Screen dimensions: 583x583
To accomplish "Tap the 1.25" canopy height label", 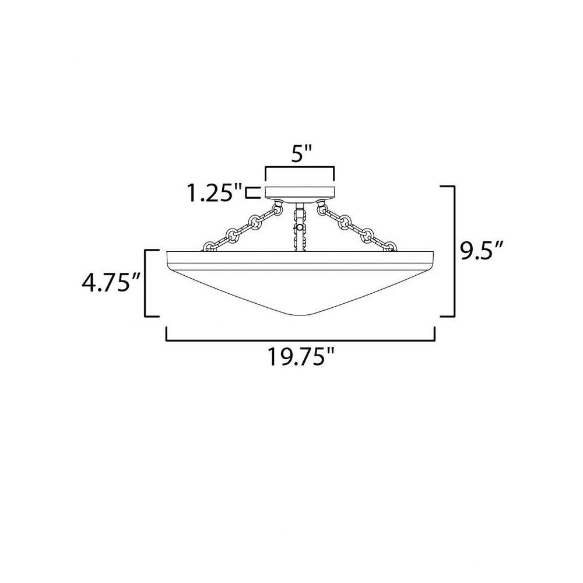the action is point(214,193).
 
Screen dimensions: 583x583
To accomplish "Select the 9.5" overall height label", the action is point(482,251).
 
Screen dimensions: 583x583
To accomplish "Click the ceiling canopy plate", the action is point(299,192).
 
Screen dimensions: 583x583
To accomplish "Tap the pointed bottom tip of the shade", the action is point(300,315).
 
